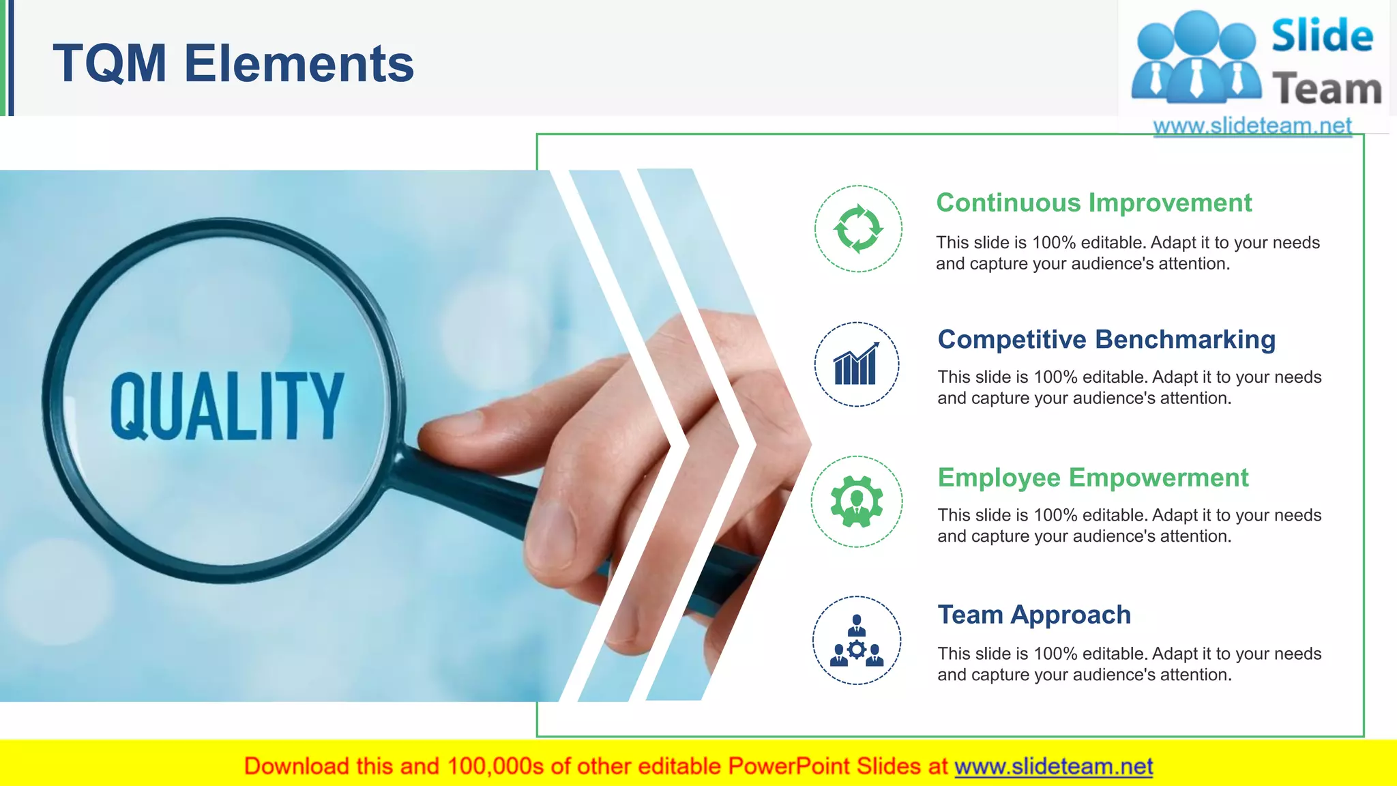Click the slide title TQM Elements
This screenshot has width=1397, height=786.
tap(233, 63)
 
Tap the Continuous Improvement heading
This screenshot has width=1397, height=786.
tap(1093, 203)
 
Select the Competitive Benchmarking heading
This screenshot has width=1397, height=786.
tap(1106, 339)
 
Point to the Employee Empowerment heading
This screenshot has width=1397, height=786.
tap(1093, 478)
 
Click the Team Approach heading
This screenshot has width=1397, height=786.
tap(1033, 615)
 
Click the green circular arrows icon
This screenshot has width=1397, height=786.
tap(858, 229)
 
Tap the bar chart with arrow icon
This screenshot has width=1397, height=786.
tap(856, 364)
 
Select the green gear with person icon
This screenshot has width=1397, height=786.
tap(857, 501)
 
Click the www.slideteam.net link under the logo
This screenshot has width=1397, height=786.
tap(1252, 126)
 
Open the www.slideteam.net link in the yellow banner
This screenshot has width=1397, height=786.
tap(1053, 766)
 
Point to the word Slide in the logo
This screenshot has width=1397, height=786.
tap(1322, 36)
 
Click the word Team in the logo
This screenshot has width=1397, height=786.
tap(1327, 89)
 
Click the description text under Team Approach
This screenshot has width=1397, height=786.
tap(1129, 664)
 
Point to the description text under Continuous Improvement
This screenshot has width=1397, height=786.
tap(1128, 253)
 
